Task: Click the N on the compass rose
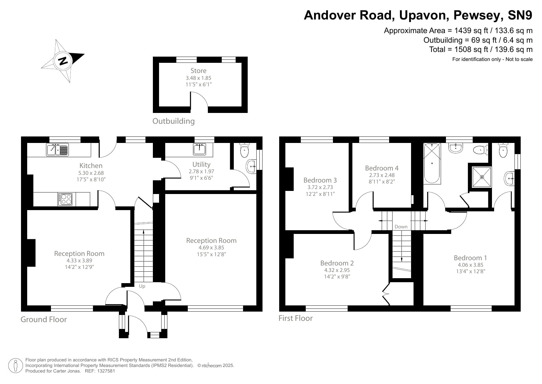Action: [x=63, y=60]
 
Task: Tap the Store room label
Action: [x=198, y=71]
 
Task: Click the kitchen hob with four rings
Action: [x=65, y=199]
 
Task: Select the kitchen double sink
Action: [x=58, y=150]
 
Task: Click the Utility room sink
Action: [x=200, y=149]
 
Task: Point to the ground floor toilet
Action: [x=244, y=151]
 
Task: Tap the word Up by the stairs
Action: [x=142, y=286]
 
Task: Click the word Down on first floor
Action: [x=401, y=227]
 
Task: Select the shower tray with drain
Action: [x=482, y=177]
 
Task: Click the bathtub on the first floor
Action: [x=432, y=164]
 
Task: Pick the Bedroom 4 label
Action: [x=382, y=168]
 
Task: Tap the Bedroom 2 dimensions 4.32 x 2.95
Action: [x=337, y=270]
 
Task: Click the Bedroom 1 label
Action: [x=470, y=258]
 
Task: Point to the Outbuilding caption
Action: [x=174, y=121]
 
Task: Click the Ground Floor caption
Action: [x=44, y=319]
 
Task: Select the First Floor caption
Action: [x=295, y=318]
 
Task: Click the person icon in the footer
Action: [x=15, y=365]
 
